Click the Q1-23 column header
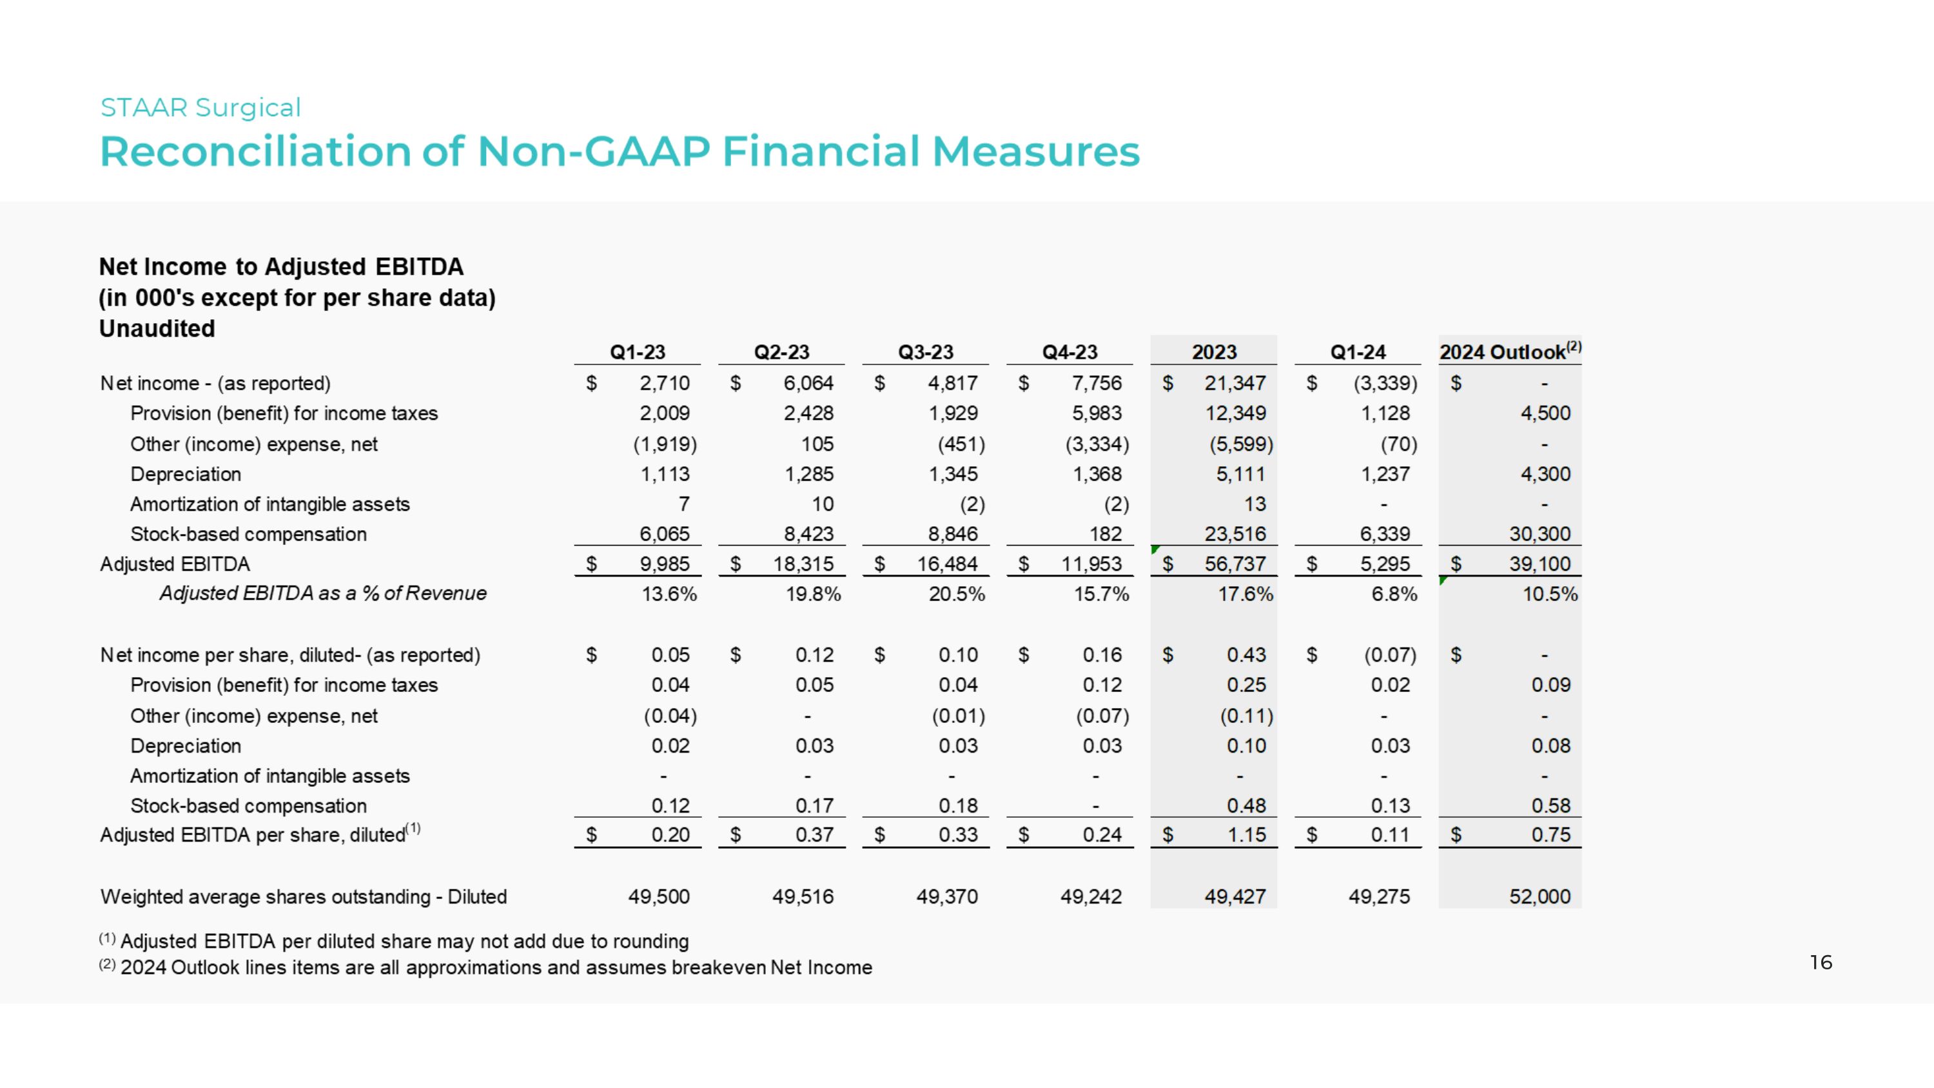(638, 352)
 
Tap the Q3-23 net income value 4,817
(952, 383)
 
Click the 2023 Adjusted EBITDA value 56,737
(1235, 564)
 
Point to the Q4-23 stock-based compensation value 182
(1105, 534)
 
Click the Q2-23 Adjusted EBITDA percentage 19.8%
(813, 594)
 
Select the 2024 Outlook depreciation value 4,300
(1545, 474)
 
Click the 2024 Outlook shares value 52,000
(1540, 896)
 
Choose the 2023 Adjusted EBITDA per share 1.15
(1246, 835)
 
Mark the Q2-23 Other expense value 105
(817, 444)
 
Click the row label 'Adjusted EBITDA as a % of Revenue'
(323, 593)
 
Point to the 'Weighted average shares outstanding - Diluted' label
(303, 896)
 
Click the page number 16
(1821, 963)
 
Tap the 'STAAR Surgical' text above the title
(200, 107)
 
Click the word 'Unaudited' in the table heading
(157, 328)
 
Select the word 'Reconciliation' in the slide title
(255, 152)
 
